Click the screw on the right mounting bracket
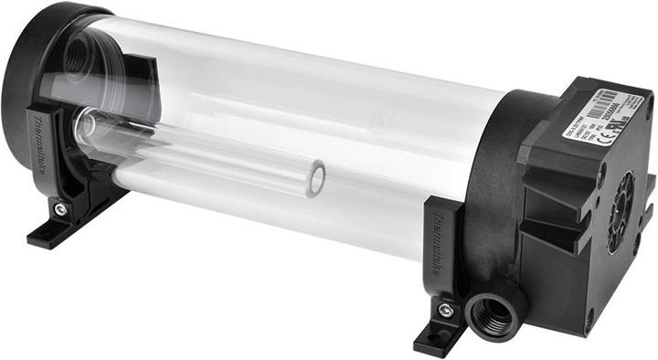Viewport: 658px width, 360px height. [445, 311]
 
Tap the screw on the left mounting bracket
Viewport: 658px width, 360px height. [60, 209]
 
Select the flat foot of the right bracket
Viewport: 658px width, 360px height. [437, 338]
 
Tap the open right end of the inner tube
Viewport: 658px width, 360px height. [316, 177]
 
